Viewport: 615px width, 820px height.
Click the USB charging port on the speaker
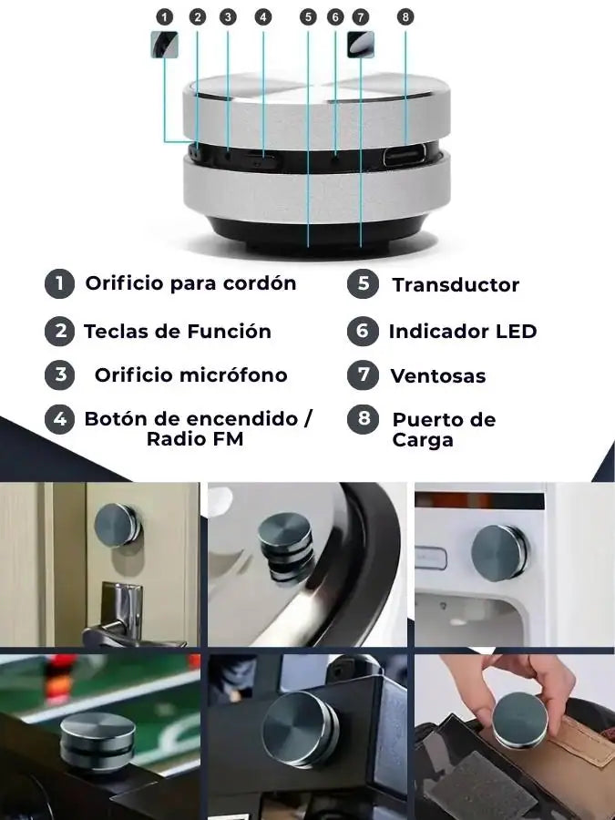(405, 156)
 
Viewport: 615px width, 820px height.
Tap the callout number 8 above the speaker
(405, 17)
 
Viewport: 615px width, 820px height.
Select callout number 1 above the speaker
(164, 17)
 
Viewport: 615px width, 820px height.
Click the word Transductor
(456, 285)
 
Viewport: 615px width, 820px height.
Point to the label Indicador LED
(463, 331)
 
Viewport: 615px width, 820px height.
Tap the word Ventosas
(438, 376)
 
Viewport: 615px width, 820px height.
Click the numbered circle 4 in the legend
(59, 419)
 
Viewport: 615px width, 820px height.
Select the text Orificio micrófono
(191, 375)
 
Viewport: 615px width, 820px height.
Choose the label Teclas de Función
(178, 331)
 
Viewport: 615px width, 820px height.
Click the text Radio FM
(195, 439)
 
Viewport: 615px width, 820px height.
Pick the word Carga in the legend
(423, 440)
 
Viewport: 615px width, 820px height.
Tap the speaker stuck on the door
(118, 525)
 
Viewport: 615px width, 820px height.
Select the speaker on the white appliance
(499, 553)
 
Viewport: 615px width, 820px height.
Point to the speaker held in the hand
(520, 720)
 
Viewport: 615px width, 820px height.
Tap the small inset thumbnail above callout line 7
(360, 45)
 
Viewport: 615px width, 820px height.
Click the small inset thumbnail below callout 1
(165, 45)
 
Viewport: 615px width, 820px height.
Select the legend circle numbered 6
(363, 331)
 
